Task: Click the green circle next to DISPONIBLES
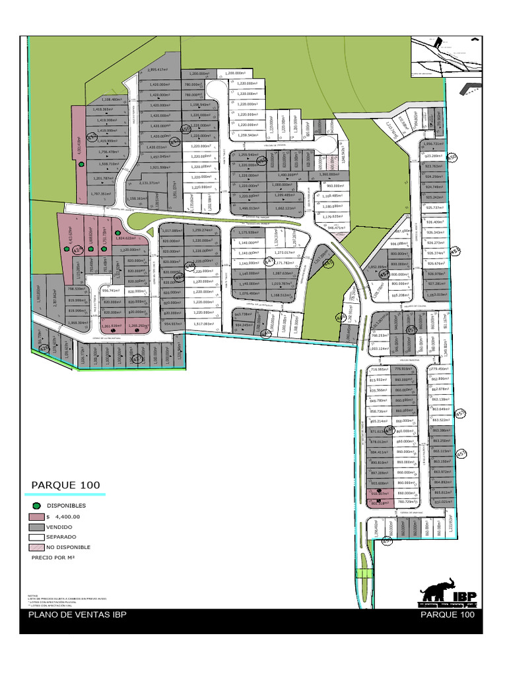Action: pyautogui.click(x=37, y=506)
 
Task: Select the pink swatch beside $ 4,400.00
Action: pyautogui.click(x=37, y=517)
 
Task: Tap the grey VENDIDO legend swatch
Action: pyautogui.click(x=37, y=527)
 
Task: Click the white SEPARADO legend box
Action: pyautogui.click(x=37, y=537)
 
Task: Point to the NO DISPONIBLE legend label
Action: pyautogui.click(x=68, y=547)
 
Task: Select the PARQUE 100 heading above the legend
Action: pyautogui.click(x=65, y=486)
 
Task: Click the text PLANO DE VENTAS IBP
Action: pyautogui.click(x=77, y=615)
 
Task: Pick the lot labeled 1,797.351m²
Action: pyautogui.click(x=105, y=194)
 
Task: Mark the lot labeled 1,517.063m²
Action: pyautogui.click(x=205, y=324)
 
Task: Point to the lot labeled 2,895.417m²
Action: pyautogui.click(x=160, y=69)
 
